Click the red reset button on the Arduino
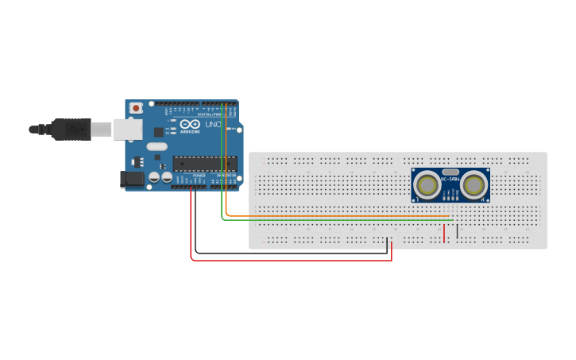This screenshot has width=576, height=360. (x=136, y=108)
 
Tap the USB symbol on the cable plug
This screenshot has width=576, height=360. (x=76, y=128)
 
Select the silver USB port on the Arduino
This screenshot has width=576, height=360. (x=127, y=130)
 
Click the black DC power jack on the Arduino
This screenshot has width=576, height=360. (x=132, y=180)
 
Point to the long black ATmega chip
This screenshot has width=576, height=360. (x=204, y=164)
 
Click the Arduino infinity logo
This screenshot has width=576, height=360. (x=190, y=125)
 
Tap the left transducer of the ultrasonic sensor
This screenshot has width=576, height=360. (x=427, y=186)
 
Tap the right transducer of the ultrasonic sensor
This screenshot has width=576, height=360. (x=474, y=186)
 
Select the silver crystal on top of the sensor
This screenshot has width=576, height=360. (x=450, y=172)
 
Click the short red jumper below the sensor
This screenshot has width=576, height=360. (x=444, y=233)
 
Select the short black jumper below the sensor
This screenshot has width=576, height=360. (x=457, y=231)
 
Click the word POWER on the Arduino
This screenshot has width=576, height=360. (x=199, y=176)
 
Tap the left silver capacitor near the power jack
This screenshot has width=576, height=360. (x=153, y=177)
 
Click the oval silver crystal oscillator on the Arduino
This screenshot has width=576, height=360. (x=157, y=146)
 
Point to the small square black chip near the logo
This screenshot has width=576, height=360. (x=158, y=132)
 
